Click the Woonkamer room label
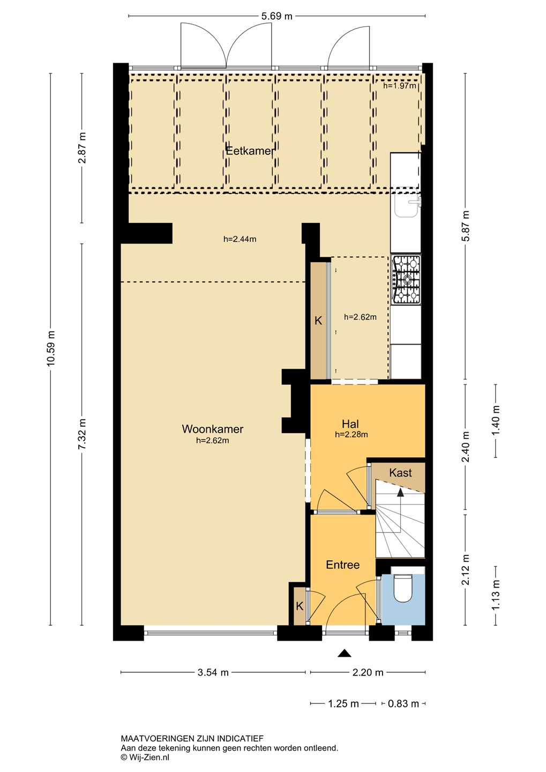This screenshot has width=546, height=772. click(213, 429)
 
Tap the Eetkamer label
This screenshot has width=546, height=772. click(250, 151)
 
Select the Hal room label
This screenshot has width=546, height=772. click(350, 424)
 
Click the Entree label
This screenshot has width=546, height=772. click(343, 565)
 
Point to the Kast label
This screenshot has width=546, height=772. click(400, 472)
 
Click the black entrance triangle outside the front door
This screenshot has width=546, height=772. click(344, 654)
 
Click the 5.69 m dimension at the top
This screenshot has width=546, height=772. click(276, 16)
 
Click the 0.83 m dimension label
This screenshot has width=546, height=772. click(403, 703)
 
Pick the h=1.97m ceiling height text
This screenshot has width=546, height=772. click(400, 86)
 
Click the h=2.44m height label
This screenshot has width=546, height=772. click(240, 239)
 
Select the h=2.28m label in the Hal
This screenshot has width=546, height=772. click(351, 435)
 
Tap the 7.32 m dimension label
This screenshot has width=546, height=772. click(82, 435)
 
